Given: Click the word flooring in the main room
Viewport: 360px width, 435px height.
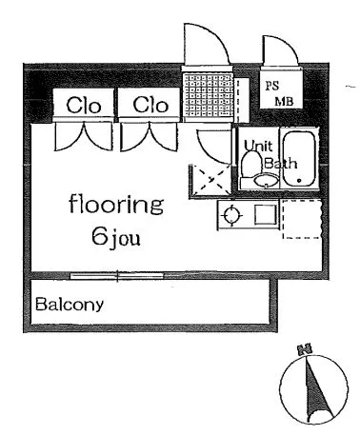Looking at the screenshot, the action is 116,205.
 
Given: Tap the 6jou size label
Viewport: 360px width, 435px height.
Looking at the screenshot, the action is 116,238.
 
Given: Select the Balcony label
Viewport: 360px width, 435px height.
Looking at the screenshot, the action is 70,305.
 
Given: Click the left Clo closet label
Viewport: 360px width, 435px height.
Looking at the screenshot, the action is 84,106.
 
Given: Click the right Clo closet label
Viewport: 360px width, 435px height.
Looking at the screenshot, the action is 150,105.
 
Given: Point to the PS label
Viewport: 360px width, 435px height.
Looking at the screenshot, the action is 272,86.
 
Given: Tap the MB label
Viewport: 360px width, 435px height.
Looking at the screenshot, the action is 284,102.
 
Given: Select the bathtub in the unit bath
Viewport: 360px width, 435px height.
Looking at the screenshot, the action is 299,159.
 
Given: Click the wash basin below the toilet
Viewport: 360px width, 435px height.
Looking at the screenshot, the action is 266,181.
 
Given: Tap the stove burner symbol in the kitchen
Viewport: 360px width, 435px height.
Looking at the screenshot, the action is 232,216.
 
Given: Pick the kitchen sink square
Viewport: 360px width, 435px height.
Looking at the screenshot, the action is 266,215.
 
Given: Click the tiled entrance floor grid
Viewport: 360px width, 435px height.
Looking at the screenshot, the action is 208,95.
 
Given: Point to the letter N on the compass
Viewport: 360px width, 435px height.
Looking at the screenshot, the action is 304,349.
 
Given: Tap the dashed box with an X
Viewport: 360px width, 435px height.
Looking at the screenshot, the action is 211,180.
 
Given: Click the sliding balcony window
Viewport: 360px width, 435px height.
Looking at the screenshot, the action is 117,276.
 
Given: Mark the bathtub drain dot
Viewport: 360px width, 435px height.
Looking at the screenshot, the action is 299,181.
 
